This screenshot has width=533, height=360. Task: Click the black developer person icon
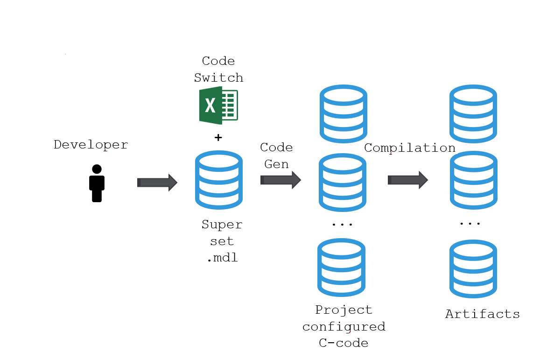coord(97,183)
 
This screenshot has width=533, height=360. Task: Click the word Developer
coord(91,145)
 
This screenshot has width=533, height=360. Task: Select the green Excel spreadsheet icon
coord(218,106)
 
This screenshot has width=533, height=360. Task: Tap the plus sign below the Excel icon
coord(218,138)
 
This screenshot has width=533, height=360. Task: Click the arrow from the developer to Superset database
coord(157,182)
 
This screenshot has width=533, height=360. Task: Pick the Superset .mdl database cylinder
coord(218,180)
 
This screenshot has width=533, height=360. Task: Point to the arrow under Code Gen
coord(280,180)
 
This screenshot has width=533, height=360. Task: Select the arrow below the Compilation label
coord(407,180)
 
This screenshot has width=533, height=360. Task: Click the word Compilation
coord(409,148)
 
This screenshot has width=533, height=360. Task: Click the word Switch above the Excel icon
coord(218,78)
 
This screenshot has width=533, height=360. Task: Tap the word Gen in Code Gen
coord(276,164)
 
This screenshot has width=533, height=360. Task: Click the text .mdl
coord(222,258)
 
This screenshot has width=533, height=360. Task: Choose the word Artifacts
coord(482,314)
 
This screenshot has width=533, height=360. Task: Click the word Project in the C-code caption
coord(344,310)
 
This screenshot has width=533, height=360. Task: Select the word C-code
coord(344,343)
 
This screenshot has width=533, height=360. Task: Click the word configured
coord(344,326)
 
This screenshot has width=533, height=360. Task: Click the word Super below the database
coord(222,225)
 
